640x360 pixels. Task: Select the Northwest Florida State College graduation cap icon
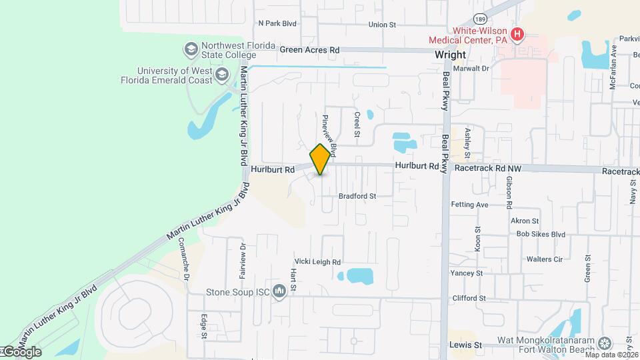(191, 49)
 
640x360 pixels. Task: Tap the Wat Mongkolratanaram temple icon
(605, 343)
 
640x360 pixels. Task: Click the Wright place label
(450, 56)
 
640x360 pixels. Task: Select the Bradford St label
(357, 196)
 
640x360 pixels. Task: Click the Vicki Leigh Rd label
(318, 262)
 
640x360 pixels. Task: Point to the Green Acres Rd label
(309, 49)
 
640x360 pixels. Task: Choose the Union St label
(382, 25)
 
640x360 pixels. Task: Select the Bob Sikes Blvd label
(541, 234)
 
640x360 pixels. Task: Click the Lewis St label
(465, 345)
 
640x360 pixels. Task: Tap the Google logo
(21, 352)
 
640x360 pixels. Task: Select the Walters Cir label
(545, 259)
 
